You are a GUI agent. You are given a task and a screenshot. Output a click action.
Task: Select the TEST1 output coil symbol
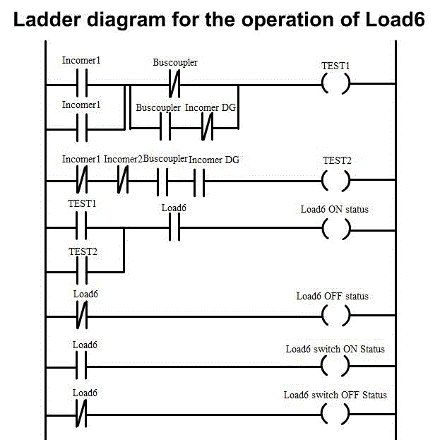point(335,85)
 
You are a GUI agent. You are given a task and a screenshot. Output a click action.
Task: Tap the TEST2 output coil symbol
point(335,180)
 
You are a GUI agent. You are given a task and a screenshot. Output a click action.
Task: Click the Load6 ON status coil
point(335,229)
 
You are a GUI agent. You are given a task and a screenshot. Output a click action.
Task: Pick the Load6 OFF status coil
point(335,316)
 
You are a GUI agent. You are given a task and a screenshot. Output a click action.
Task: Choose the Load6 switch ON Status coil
point(335,366)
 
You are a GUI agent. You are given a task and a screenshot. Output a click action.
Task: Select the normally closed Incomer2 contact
point(123,180)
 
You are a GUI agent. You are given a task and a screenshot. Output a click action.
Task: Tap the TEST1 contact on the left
point(81,229)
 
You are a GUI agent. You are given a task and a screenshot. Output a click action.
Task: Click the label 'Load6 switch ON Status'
point(335,349)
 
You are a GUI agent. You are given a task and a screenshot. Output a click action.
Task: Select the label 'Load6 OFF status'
point(332,296)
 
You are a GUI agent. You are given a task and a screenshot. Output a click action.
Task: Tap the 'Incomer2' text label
point(123,160)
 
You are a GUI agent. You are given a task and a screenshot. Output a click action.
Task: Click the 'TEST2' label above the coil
point(336,161)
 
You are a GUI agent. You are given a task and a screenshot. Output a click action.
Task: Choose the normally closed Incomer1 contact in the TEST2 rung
point(81,180)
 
